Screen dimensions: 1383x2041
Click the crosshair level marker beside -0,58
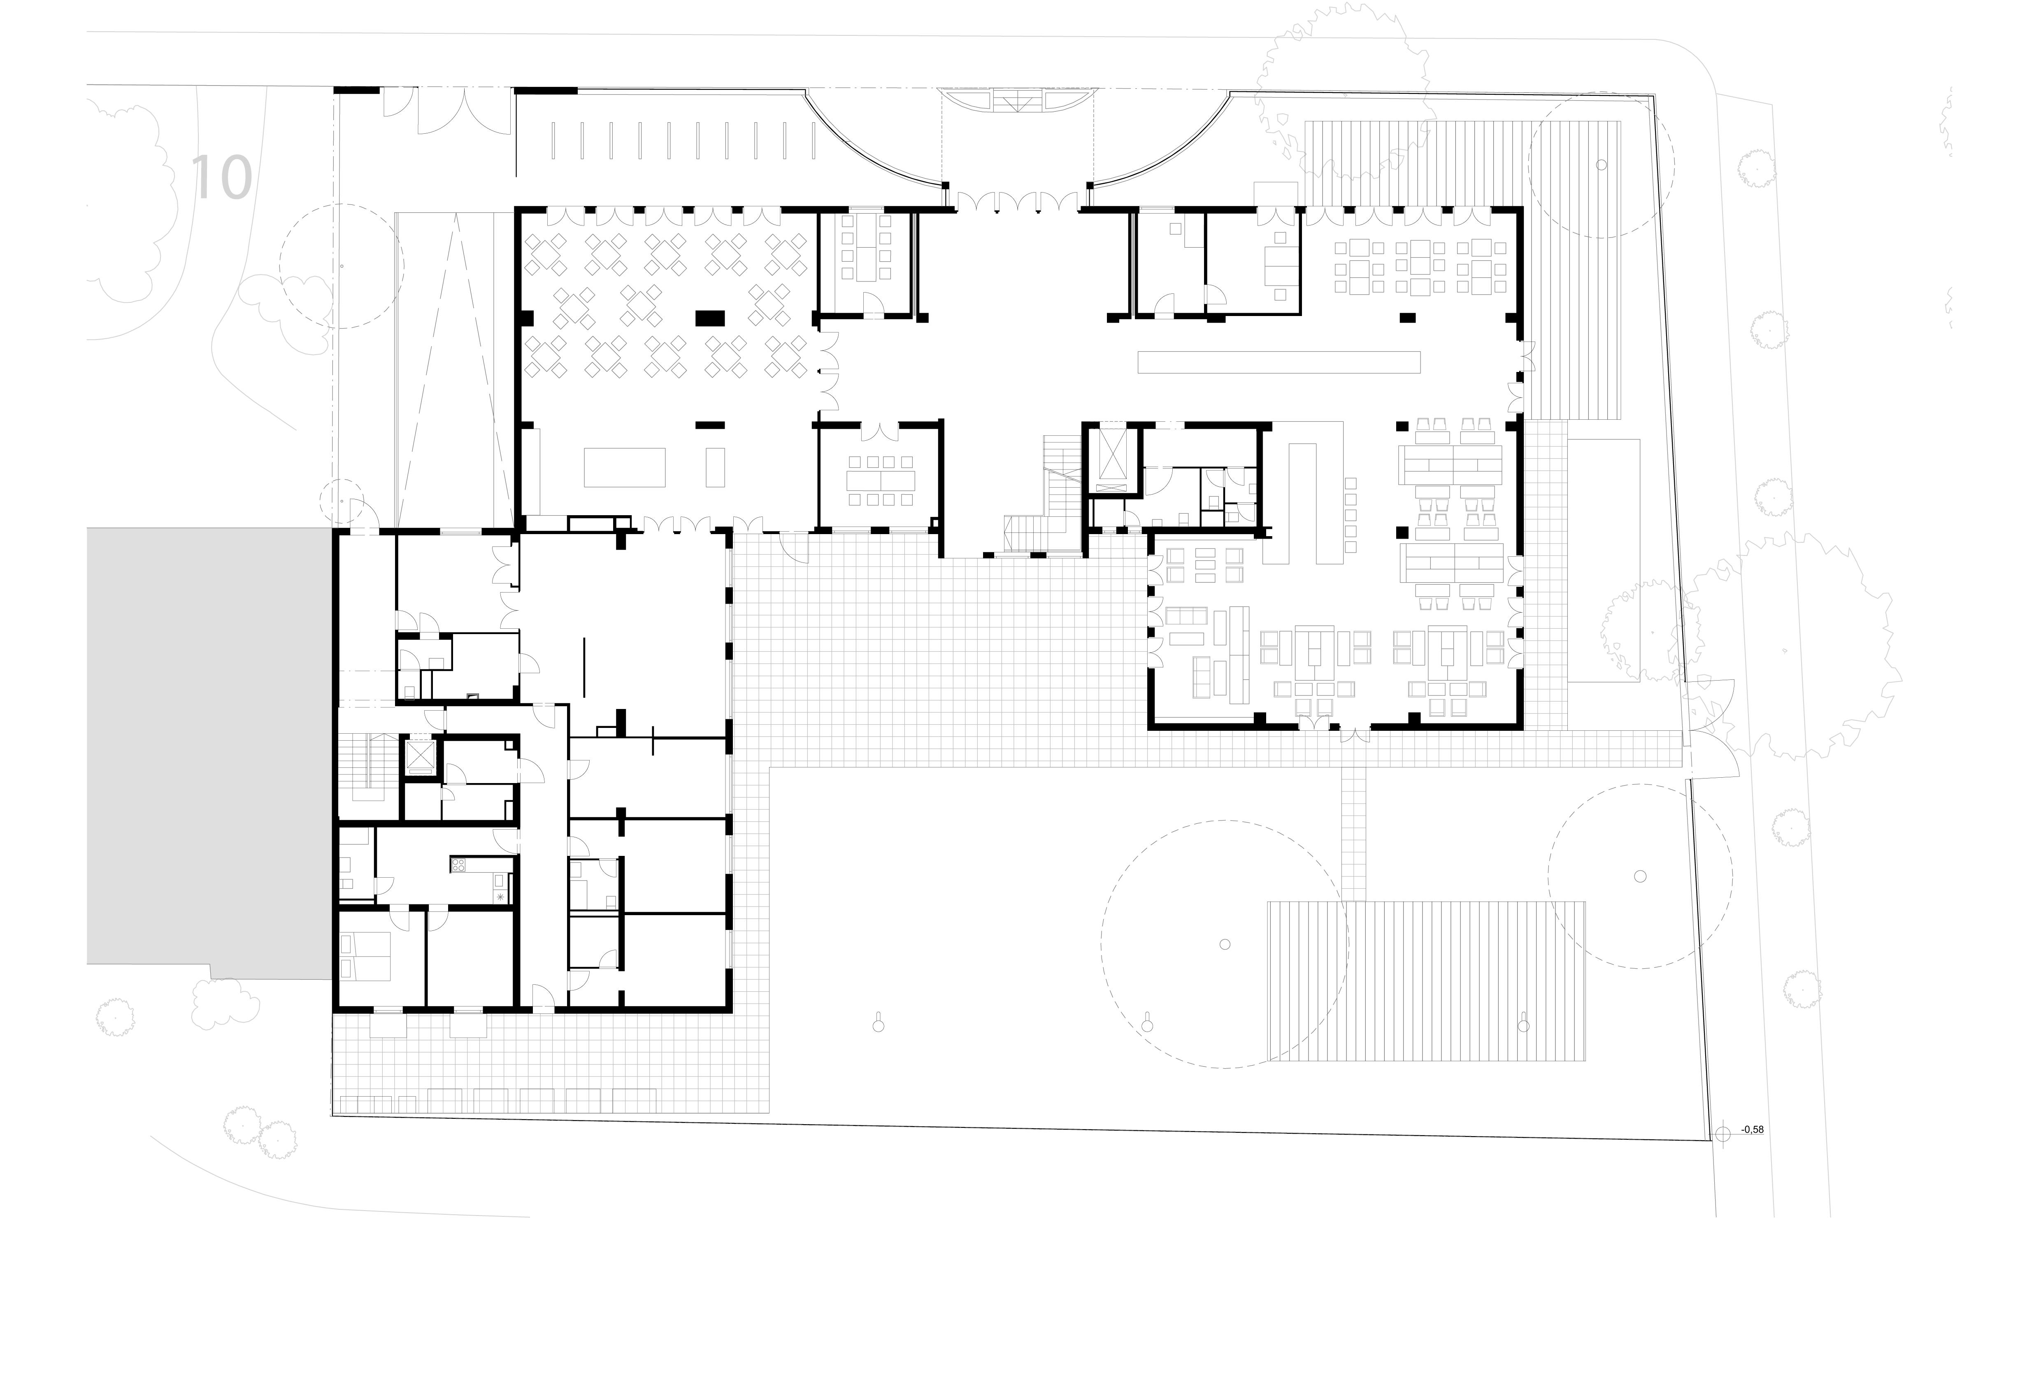(1723, 1134)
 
